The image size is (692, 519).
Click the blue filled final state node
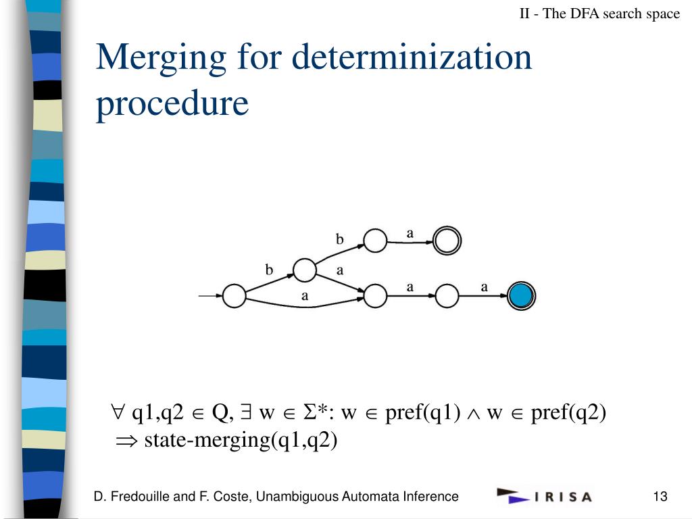521,295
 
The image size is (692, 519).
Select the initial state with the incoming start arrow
234,296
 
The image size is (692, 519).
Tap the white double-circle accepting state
447,240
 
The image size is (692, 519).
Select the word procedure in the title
172,103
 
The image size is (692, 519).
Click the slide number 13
660,497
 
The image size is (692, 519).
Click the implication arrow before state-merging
126,441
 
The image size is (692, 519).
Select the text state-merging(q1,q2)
241,441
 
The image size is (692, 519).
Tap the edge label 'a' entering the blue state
484,287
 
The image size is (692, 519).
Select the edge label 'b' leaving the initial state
269,270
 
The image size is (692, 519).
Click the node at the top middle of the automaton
375,240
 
